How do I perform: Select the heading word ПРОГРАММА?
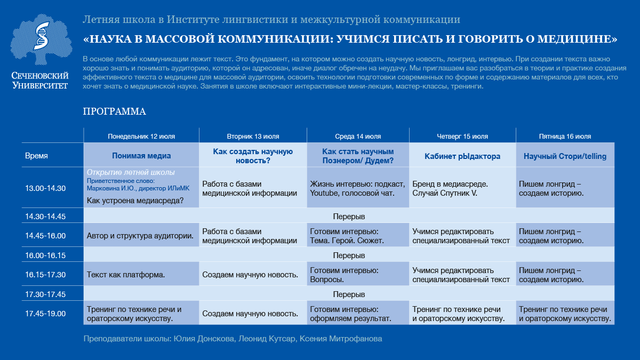114,111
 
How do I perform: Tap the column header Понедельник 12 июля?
141,136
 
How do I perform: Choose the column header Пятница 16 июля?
565,136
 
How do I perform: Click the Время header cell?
36,156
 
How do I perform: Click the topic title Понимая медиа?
141,156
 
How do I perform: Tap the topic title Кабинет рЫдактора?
462,156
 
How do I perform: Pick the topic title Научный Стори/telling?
565,156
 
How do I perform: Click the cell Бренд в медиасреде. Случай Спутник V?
450,188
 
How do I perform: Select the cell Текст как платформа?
126,275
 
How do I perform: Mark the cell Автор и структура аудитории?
140,236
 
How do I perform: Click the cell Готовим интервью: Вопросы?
344,275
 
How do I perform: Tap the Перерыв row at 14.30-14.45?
349,217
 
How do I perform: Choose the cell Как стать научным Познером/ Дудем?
358,156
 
